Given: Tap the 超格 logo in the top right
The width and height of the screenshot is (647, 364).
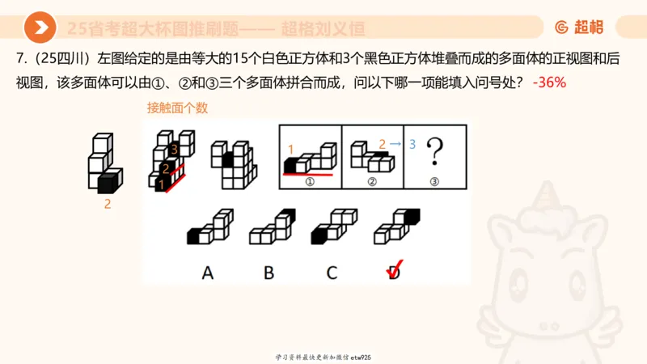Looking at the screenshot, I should click(579, 28).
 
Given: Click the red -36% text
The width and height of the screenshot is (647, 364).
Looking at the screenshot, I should click(549, 83).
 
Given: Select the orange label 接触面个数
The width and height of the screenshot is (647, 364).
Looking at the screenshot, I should click(171, 108).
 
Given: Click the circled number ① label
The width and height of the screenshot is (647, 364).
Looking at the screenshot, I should click(310, 181).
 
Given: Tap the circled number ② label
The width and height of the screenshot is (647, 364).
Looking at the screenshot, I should click(372, 181).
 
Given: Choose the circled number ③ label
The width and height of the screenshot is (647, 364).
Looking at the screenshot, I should click(434, 181).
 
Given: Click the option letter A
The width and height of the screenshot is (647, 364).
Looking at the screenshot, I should click(207, 273).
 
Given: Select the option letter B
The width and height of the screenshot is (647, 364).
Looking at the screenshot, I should click(269, 273).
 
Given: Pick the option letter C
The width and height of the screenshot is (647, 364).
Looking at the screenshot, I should click(332, 273).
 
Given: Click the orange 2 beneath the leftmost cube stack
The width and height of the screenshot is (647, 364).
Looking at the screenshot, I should click(108, 205).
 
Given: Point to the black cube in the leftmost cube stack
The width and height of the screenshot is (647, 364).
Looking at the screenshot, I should click(105, 183).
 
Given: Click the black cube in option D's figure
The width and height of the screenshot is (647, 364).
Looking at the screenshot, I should click(411, 215).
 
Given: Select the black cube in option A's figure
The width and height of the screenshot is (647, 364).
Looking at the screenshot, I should click(194, 237).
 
